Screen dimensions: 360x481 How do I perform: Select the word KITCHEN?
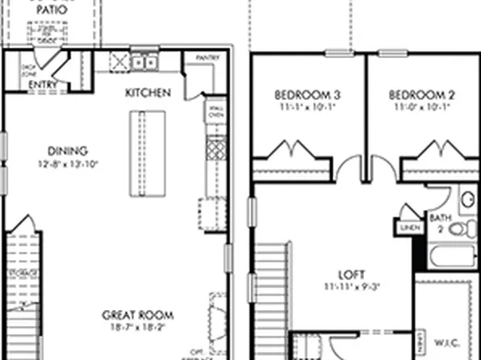click(148, 93)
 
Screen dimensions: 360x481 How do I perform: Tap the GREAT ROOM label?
click(138, 315)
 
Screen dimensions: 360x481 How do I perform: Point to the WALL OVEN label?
click(215, 111)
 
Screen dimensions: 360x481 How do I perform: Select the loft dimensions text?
click(353, 285)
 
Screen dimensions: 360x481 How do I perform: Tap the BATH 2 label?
click(440, 222)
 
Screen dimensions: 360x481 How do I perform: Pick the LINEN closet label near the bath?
click(407, 228)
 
